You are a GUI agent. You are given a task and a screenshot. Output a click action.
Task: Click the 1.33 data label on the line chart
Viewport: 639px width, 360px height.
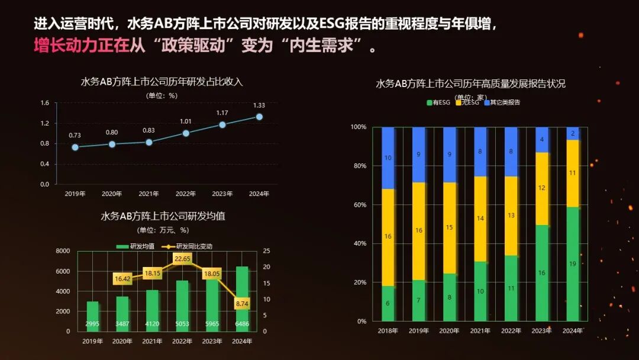click(x=259, y=105)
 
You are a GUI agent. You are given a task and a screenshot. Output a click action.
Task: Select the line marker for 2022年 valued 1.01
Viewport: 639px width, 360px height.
click(x=186, y=133)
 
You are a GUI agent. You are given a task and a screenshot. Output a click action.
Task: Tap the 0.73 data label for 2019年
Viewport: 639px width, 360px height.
click(x=75, y=136)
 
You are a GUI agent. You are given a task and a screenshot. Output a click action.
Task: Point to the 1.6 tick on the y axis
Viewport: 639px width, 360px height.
click(x=44, y=103)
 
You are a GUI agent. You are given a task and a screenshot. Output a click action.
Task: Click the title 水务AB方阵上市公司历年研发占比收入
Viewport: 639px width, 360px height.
click(x=162, y=82)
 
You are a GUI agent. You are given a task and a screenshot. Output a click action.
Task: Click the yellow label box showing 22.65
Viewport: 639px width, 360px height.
click(x=182, y=259)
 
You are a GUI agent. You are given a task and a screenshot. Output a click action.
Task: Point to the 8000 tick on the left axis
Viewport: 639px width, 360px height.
click(x=62, y=251)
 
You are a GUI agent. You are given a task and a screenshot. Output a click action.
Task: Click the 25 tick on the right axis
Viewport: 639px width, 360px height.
click(x=266, y=251)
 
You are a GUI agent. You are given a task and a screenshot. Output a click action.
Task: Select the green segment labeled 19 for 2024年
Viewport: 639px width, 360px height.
click(x=572, y=263)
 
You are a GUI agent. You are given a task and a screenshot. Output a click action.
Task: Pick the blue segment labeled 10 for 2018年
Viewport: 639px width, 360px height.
click(x=388, y=158)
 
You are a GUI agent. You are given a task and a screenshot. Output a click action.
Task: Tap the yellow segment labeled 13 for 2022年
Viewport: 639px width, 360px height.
click(x=511, y=216)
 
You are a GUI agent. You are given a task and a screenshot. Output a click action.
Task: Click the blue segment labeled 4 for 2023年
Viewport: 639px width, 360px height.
click(x=541, y=140)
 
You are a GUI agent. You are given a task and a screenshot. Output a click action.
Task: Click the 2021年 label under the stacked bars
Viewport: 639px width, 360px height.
click(x=480, y=330)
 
